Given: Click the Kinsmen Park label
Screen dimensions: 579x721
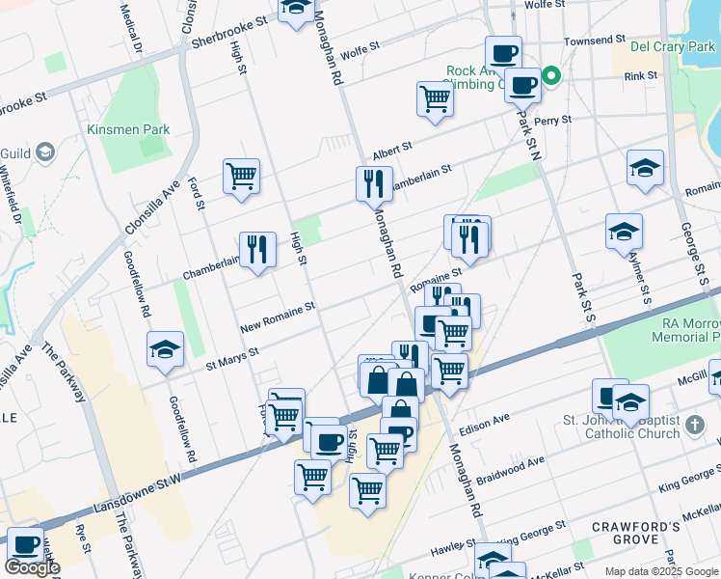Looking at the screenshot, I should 128,129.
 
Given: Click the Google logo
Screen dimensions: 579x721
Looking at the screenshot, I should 31,567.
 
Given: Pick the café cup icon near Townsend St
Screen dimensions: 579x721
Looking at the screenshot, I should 502,53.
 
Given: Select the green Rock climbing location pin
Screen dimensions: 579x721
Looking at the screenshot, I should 551,75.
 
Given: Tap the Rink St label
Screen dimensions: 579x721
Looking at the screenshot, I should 640,75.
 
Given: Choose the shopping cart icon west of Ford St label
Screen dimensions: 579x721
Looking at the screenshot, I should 241,176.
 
